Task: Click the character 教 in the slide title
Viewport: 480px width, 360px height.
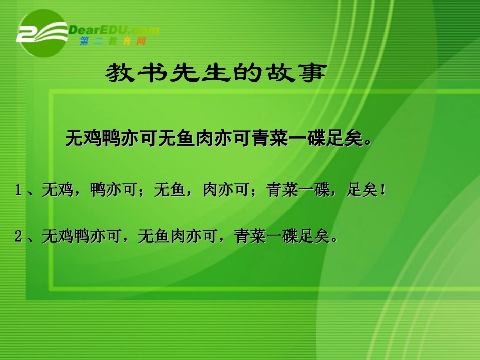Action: pos(120,74)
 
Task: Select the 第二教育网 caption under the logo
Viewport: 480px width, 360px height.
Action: pos(112,42)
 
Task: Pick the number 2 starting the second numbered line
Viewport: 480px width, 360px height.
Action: pos(19,236)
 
